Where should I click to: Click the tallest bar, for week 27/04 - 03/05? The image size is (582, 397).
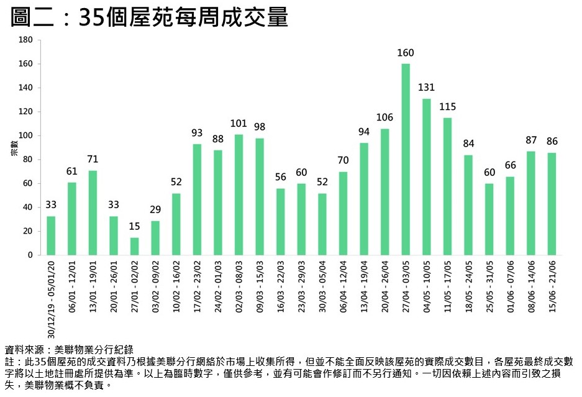pos(406,159)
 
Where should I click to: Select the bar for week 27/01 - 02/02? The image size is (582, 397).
pos(134,246)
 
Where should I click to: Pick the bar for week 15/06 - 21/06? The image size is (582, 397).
pos(552,204)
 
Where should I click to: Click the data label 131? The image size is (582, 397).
pos(426,87)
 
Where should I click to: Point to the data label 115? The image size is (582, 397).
pos(447,106)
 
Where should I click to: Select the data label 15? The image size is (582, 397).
pos(134,226)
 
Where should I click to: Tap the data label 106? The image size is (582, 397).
pos(384,117)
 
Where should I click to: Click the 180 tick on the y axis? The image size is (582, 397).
pos(25,40)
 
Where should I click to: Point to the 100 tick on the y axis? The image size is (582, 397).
pos(25,135)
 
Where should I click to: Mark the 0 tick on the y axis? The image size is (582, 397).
pos(29,255)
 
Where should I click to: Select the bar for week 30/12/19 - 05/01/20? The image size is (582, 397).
pos(51,235)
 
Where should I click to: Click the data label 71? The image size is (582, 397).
pos(93,159)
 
